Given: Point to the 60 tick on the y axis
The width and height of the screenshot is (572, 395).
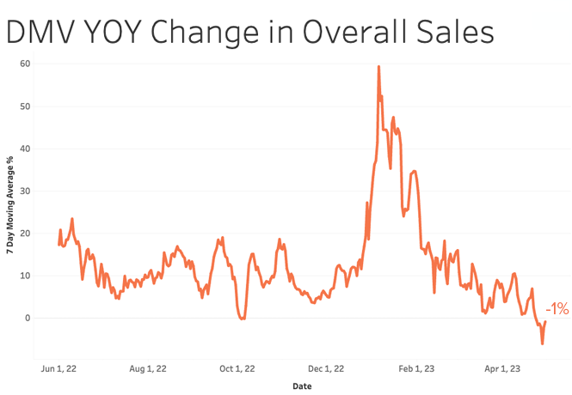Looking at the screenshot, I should [25, 64].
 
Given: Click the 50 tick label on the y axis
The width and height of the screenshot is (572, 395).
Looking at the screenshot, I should [25, 106].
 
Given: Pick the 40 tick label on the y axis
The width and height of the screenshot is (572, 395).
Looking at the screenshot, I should [25, 149].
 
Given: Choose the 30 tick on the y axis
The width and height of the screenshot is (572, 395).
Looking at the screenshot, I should [25, 191].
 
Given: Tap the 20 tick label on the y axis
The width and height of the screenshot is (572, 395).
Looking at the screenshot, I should [25, 233].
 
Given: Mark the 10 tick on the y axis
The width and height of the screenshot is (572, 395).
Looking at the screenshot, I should [25, 276].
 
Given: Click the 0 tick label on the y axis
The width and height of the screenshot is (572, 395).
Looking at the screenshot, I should [28, 318].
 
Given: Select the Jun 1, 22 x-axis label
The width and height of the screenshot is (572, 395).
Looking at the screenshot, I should [59, 369].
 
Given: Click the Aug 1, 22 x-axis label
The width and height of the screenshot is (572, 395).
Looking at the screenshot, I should [147, 369].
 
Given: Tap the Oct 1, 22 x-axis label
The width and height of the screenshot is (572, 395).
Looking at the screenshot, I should [237, 369].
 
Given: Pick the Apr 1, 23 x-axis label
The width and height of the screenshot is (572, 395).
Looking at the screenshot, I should [502, 369].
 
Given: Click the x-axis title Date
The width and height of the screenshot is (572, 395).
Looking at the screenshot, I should [302, 386].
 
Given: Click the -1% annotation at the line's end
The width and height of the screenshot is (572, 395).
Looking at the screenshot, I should [557, 309].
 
